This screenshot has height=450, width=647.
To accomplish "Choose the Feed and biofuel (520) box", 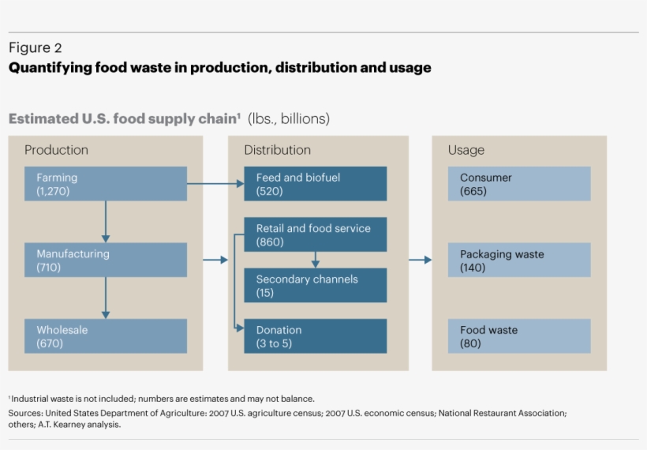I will pyautogui.click(x=315, y=184).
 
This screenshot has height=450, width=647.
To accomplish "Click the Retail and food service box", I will pyautogui.click(x=315, y=234).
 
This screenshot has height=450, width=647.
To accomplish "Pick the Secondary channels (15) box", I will pyautogui.click(x=315, y=285).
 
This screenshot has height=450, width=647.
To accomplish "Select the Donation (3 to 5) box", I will pyautogui.click(x=315, y=336).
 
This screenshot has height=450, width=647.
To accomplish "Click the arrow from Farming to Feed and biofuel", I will pyautogui.click(x=215, y=184).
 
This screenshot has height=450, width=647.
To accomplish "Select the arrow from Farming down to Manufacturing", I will pyautogui.click(x=106, y=221).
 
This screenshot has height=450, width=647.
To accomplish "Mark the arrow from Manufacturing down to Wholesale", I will pyautogui.click(x=106, y=298).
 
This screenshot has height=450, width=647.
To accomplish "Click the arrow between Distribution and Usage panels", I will pyautogui.click(x=420, y=260).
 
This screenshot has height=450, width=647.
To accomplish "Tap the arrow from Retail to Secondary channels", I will pyautogui.click(x=315, y=260).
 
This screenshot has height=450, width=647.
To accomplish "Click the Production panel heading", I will pyautogui.click(x=56, y=150).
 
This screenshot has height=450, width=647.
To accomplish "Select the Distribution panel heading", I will pyautogui.click(x=277, y=150).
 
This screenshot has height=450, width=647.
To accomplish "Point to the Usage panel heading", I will pyautogui.click(x=466, y=150).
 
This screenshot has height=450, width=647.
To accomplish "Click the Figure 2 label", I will pyautogui.click(x=35, y=48).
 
